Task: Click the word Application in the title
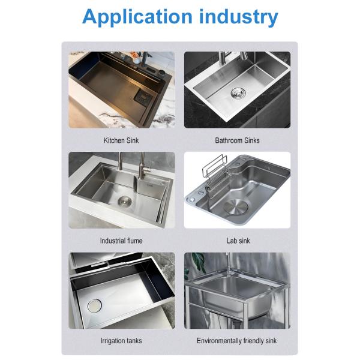(x=137, y=17)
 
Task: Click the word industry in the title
(x=239, y=17)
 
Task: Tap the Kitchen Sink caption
(x=121, y=140)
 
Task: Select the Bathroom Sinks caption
(x=237, y=140)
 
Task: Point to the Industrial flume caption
(x=121, y=241)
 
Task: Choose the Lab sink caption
(x=238, y=241)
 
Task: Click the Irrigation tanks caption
(x=121, y=341)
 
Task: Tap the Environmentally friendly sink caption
(x=237, y=341)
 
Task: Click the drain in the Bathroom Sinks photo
(x=238, y=93)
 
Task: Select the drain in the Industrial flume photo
(x=125, y=200)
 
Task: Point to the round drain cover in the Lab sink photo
(x=236, y=207)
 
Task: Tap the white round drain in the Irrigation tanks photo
(x=94, y=305)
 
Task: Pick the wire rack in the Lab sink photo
(x=215, y=172)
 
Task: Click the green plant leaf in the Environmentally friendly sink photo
(x=199, y=262)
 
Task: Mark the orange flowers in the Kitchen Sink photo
(x=134, y=55)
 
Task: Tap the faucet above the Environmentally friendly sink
(x=228, y=264)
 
